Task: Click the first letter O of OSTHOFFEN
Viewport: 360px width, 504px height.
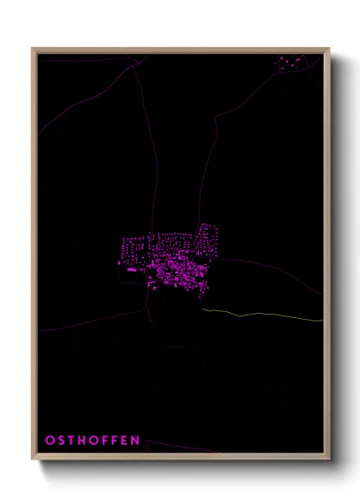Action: click(x=49, y=440)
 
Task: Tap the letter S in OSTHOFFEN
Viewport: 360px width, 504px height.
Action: click(x=60, y=440)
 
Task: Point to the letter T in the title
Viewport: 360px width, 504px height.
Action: click(x=70, y=440)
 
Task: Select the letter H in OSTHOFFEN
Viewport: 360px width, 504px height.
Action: click(x=81, y=440)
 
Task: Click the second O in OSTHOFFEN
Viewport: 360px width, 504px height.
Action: click(x=93, y=440)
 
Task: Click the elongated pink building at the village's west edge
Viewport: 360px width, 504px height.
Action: click(x=134, y=271)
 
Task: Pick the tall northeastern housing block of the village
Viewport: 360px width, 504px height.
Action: click(x=205, y=235)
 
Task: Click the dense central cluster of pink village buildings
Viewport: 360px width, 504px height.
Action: click(x=176, y=270)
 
